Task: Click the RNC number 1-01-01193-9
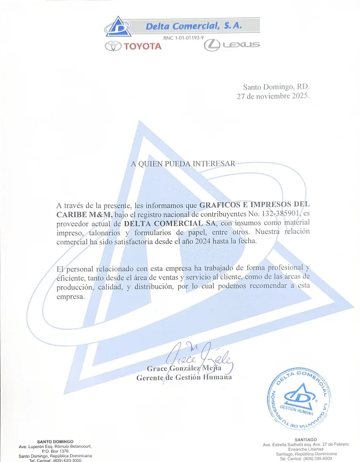tap(183, 38)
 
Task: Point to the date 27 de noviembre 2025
tap(273, 97)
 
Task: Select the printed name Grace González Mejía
tap(184, 368)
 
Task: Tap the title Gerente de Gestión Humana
tap(184, 378)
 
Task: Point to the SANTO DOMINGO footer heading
tap(55, 441)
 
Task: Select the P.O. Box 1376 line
tap(55, 451)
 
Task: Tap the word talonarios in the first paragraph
tap(103, 232)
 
